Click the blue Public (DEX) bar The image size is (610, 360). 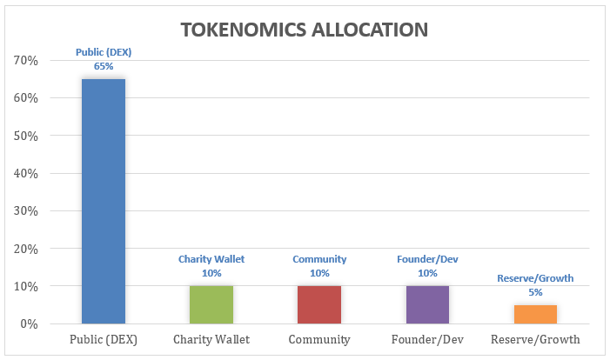pyautogui.click(x=103, y=201)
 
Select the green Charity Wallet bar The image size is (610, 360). pyautogui.click(x=211, y=304)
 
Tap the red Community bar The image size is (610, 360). pyautogui.click(x=319, y=304)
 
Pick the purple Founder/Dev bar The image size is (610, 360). pyautogui.click(x=427, y=304)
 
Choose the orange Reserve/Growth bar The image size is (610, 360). pyautogui.click(x=535, y=314)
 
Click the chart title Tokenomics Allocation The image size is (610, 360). pyautogui.click(x=304, y=30)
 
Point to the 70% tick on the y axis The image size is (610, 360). pyautogui.click(x=26, y=61)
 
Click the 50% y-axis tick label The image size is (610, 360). pyautogui.click(x=26, y=137)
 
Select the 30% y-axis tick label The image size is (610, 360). pyautogui.click(x=26, y=211)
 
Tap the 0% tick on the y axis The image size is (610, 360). pyautogui.click(x=30, y=324)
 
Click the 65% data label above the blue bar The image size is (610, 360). pyautogui.click(x=103, y=65)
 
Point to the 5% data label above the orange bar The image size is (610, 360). pyautogui.click(x=535, y=292)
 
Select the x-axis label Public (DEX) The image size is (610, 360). pyautogui.click(x=103, y=340)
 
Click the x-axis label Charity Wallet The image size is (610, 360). pyautogui.click(x=211, y=340)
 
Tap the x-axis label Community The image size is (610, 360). pyautogui.click(x=319, y=340)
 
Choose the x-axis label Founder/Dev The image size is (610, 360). pyautogui.click(x=427, y=340)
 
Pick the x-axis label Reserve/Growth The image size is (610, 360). pyautogui.click(x=535, y=340)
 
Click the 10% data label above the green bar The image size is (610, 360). pyautogui.click(x=211, y=273)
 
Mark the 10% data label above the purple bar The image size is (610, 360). pyautogui.click(x=427, y=273)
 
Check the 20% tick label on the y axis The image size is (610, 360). pyautogui.click(x=26, y=249)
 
